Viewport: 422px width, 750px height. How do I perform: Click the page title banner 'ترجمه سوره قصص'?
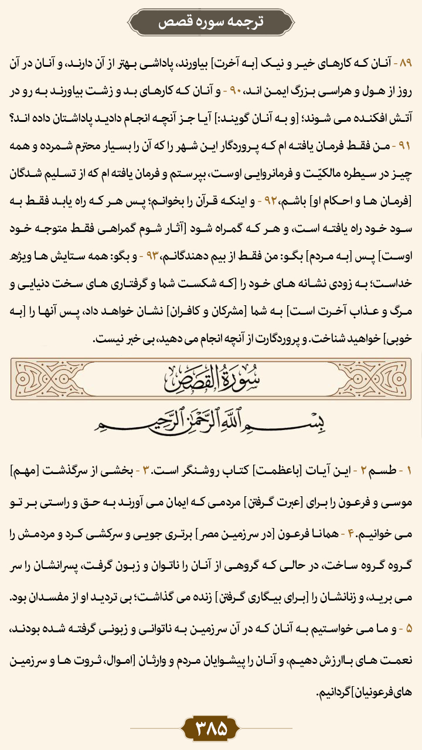tap(211, 22)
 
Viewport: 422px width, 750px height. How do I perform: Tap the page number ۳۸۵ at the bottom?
tap(210, 728)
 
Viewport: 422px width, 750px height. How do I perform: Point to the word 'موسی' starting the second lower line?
tap(399, 499)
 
